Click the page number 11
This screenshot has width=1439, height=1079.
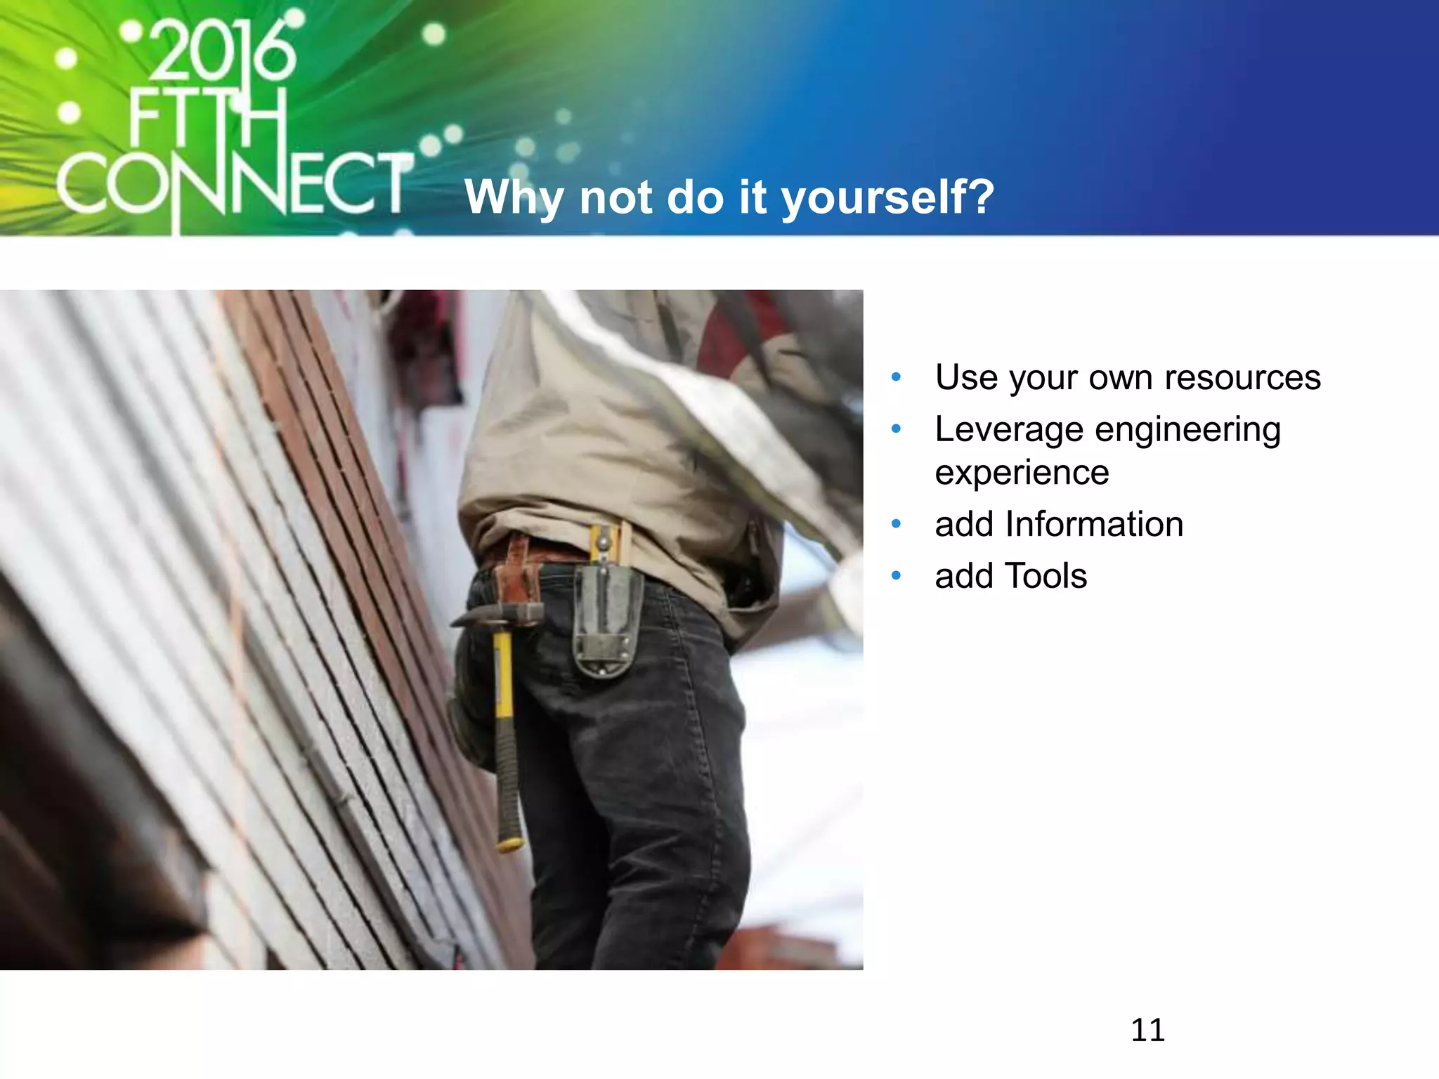click(1147, 1030)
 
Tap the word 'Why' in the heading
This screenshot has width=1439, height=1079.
click(514, 197)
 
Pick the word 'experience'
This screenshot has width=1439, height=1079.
click(1022, 472)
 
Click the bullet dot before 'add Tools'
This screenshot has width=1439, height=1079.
click(896, 576)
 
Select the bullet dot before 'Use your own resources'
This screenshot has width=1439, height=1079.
click(896, 378)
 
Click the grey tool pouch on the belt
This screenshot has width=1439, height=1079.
click(606, 622)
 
